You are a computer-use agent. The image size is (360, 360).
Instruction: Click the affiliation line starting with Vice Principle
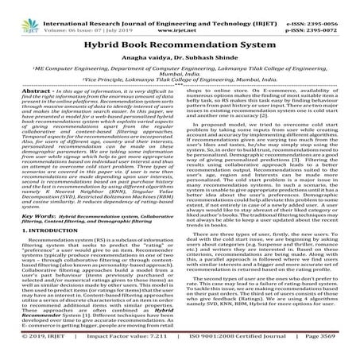click(x=180, y=82)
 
